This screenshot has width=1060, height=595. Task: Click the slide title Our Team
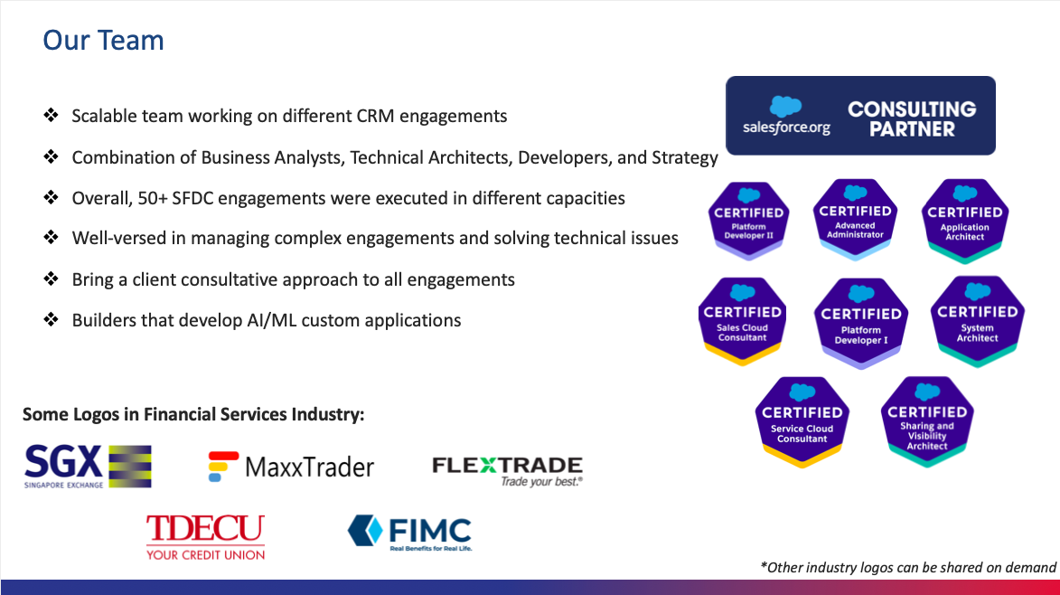pyautogui.click(x=103, y=41)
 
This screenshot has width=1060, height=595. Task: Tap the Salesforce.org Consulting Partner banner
pyautogui.click(x=860, y=116)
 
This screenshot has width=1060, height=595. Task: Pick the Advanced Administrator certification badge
pyautogui.click(x=855, y=220)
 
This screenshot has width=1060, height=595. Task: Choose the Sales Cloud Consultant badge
pyautogui.click(x=742, y=321)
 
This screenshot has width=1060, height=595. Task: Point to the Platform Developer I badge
pyautogui.click(x=860, y=323)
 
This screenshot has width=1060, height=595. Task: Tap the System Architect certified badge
pyautogui.click(x=978, y=321)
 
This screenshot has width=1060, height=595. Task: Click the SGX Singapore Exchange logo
pyautogui.click(x=88, y=467)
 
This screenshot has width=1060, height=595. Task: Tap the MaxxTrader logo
pyautogui.click(x=291, y=467)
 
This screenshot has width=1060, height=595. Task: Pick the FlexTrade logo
pyautogui.click(x=508, y=471)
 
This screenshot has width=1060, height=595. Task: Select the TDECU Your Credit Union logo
pyautogui.click(x=205, y=537)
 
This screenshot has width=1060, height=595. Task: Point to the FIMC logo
pyautogui.click(x=410, y=532)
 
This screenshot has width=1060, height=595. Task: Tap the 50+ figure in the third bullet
pyautogui.click(x=153, y=198)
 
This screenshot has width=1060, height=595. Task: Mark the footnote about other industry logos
pyautogui.click(x=908, y=567)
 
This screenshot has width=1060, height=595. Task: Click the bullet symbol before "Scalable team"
pyautogui.click(x=51, y=115)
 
